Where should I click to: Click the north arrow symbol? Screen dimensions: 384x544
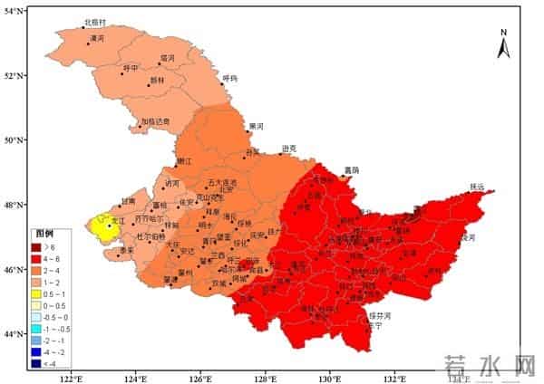(x=504, y=44)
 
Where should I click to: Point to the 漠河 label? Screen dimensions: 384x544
(x=96, y=39)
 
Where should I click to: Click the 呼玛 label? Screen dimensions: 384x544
(x=229, y=78)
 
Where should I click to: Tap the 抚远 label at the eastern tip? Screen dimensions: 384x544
(x=478, y=187)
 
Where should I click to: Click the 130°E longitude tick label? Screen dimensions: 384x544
(x=329, y=378)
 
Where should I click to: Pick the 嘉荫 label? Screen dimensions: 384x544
(x=351, y=169)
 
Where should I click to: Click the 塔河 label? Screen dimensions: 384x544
(x=166, y=58)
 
